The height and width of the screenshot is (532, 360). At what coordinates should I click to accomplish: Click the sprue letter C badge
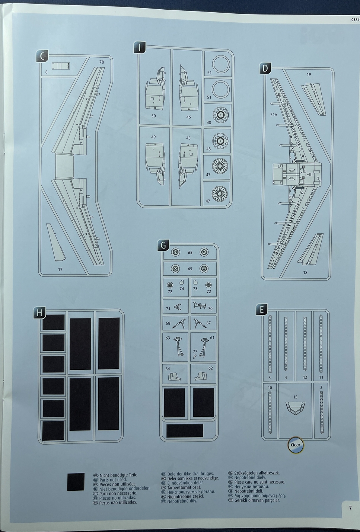(42, 57)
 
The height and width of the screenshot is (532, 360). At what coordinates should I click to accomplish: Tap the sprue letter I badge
(140, 48)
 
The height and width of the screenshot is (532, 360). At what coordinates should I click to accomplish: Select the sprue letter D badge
(265, 68)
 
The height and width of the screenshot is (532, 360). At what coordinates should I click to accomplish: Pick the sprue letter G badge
(163, 245)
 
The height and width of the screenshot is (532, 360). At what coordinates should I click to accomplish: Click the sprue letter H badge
(39, 313)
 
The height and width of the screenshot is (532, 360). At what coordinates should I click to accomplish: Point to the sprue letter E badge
(262, 309)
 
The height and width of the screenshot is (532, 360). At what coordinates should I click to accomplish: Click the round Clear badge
(296, 445)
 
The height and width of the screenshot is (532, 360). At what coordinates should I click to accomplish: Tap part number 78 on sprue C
(102, 62)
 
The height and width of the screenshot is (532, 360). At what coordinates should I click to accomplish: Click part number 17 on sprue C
(60, 269)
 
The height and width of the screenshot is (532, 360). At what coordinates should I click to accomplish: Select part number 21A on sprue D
(274, 115)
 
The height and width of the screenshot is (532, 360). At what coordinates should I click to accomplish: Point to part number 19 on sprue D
(309, 74)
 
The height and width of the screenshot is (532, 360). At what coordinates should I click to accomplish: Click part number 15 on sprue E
(295, 397)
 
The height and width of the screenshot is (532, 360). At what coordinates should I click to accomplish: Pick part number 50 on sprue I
(153, 116)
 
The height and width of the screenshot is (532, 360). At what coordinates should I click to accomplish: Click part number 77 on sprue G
(195, 351)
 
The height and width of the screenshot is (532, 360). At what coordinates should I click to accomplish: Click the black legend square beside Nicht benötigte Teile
(76, 482)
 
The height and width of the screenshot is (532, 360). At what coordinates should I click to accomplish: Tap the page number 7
(350, 508)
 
